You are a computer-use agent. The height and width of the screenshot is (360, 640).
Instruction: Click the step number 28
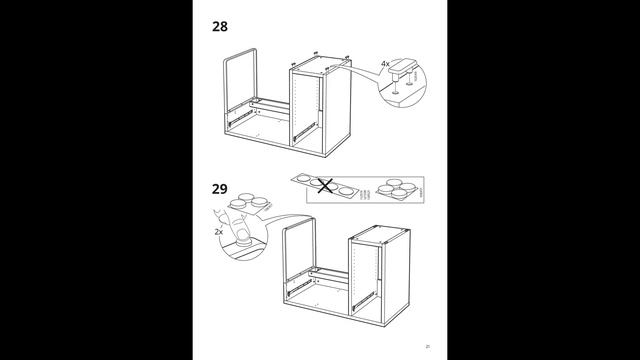pyautogui.click(x=222, y=26)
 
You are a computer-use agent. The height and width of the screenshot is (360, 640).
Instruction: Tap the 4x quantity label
pyautogui.click(x=385, y=63)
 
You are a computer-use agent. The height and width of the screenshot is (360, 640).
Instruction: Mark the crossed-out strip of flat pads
pyautogui.click(x=320, y=187)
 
